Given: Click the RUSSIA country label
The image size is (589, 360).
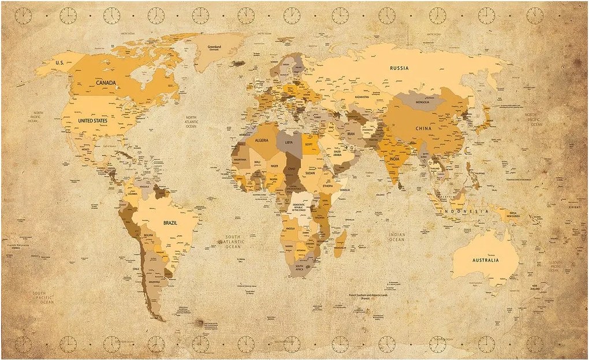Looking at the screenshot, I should tap(399, 68).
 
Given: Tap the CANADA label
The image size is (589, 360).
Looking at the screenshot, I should tap(106, 83).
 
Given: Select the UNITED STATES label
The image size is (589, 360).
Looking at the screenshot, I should tap(92, 120).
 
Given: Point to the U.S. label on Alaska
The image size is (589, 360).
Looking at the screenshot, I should tap(58, 62).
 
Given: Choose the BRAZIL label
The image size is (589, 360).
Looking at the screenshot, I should tap(170, 222).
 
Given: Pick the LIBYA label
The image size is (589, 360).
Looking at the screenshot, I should tap(289, 142).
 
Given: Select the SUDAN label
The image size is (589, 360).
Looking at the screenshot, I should tap(310, 173).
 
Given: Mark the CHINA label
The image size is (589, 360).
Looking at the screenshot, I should tap(424, 128).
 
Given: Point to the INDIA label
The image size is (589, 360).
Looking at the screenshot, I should tap(394, 158).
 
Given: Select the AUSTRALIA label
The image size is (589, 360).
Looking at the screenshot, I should tap(485, 260).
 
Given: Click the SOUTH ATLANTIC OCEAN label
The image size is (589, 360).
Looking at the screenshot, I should tap(233, 242).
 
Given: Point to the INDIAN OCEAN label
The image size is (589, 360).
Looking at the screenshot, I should tap(397, 237).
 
